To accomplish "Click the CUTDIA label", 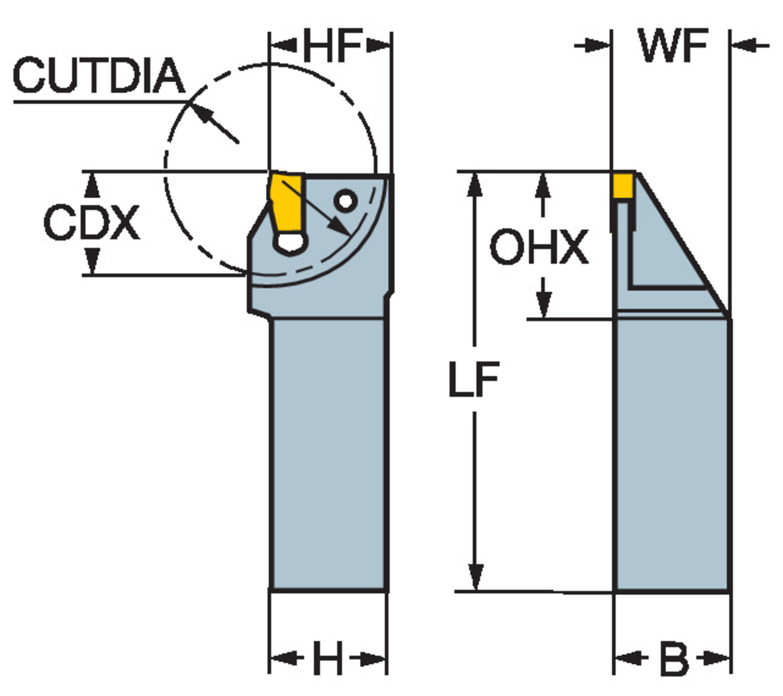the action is (99, 76).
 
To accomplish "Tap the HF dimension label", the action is (332, 45).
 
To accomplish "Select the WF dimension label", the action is (673, 45).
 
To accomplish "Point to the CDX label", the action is (91, 223).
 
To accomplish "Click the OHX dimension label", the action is (539, 246).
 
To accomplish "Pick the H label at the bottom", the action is (328, 658).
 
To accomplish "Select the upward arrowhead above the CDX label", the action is (91, 185).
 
